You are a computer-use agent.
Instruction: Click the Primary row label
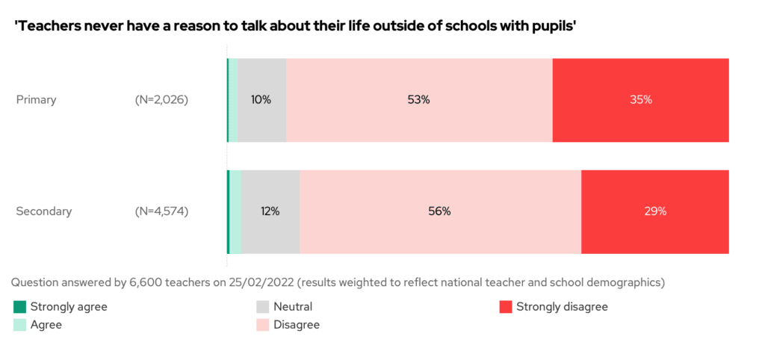[36, 99]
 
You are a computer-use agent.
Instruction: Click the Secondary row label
[44, 211]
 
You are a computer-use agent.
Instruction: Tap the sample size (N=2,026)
[161, 99]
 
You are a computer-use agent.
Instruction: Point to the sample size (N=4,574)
[161, 211]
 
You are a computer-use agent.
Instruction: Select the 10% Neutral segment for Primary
[261, 99]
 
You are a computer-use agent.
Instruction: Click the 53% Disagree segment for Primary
[419, 99]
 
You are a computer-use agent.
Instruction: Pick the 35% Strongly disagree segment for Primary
[640, 99]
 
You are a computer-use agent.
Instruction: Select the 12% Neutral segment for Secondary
[270, 211]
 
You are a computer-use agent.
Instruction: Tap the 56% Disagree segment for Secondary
[440, 211]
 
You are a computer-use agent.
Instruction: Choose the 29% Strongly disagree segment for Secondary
[654, 211]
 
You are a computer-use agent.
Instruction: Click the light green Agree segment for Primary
[233, 99]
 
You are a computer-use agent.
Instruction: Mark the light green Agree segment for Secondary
[235, 211]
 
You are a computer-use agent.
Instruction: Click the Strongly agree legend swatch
[19, 307]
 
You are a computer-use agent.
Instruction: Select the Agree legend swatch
[19, 325]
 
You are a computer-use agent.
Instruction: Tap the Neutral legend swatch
[262, 307]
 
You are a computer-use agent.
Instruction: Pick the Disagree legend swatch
[262, 325]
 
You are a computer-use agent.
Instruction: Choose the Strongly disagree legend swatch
[505, 307]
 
